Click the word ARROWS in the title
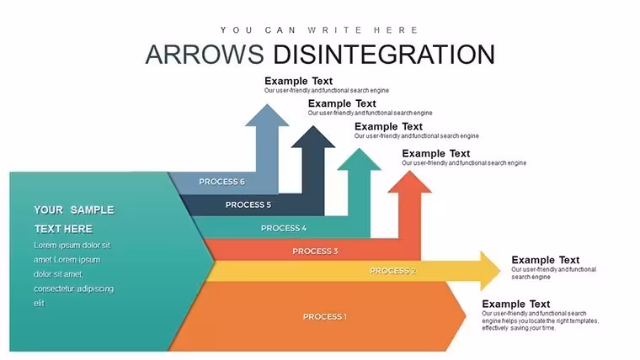point(205,54)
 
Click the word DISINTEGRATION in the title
point(384,54)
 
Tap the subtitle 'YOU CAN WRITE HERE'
point(319,30)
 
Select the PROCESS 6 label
point(221,182)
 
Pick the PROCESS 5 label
point(248,204)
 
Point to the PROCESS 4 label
point(284,228)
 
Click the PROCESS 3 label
point(315,251)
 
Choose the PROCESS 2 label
point(393,271)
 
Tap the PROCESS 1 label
point(325,317)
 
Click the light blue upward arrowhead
point(267,116)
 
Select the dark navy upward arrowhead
point(313,137)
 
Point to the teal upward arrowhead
point(360,160)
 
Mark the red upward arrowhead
point(409,182)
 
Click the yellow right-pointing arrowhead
point(490,271)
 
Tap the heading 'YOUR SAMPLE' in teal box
point(74,210)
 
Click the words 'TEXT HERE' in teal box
point(63,229)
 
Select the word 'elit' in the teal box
point(40,304)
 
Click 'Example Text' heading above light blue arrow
point(298,81)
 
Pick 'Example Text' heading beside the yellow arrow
point(546,260)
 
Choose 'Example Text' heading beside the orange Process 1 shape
point(516,304)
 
